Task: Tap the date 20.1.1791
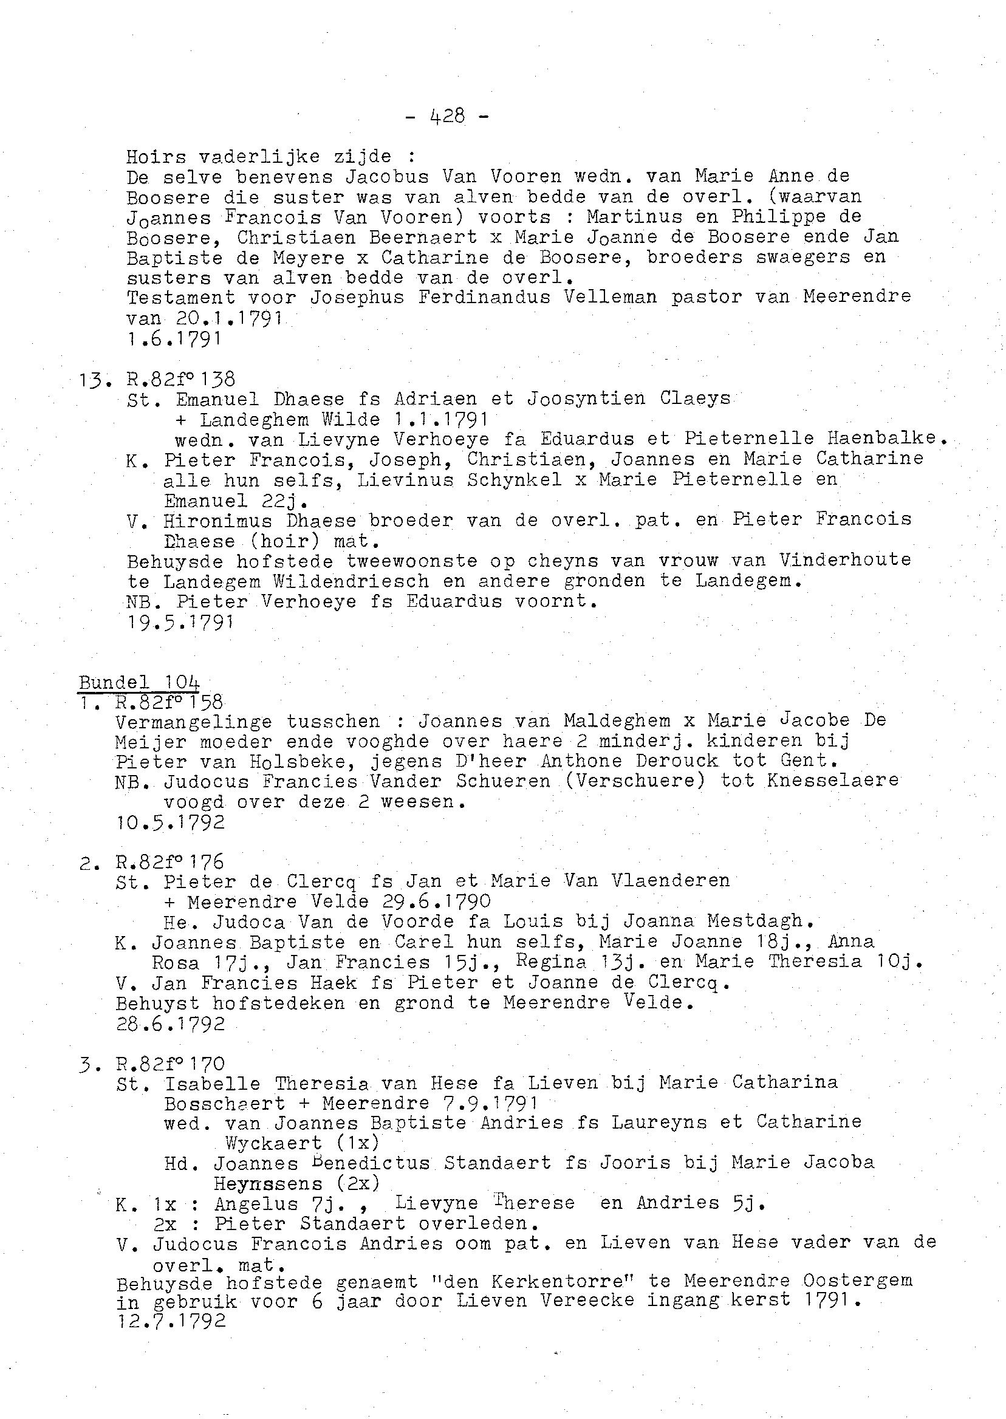coord(229,318)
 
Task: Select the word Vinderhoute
coord(845,560)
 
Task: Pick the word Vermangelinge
coord(193,722)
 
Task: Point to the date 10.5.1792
coord(169,822)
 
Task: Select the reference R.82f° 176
coord(169,861)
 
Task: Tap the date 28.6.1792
coord(169,1023)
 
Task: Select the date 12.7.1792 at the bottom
coord(170,1320)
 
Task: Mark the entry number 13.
coord(94,379)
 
